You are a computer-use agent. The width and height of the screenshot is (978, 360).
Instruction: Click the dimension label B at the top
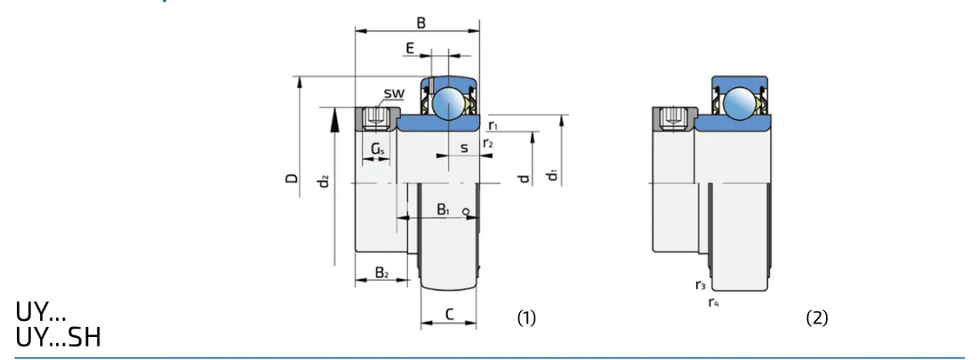click(421, 23)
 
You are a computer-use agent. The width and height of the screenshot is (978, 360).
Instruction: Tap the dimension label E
click(410, 48)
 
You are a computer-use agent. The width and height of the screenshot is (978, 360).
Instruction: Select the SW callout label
click(394, 94)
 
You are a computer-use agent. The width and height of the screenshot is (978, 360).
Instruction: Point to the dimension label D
click(292, 179)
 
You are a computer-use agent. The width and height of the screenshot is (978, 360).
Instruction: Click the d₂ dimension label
click(323, 181)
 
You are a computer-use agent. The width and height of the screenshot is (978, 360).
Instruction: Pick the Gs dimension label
click(377, 149)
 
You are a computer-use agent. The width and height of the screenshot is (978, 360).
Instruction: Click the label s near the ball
click(464, 148)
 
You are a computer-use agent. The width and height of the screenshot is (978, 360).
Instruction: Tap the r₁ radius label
click(493, 126)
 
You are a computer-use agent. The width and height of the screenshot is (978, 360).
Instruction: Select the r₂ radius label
click(488, 143)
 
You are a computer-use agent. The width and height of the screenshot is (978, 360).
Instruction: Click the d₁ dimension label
click(551, 175)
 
